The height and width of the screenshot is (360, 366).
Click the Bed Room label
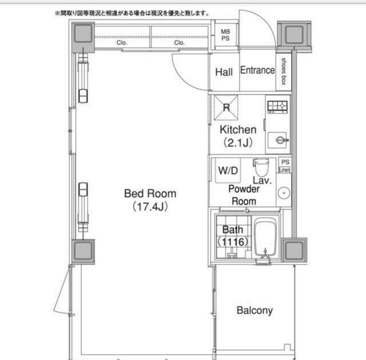click(x=150, y=194)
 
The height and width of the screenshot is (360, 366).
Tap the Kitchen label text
click(x=238, y=129)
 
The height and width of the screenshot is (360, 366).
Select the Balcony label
click(x=254, y=310)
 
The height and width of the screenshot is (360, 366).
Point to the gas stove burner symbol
click(x=277, y=107)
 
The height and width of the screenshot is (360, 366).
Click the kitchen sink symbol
click(x=278, y=140)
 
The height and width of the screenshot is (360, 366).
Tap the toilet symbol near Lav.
click(x=261, y=167)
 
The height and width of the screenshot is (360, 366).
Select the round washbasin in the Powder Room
click(x=284, y=193)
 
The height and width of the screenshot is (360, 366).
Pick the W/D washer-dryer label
click(x=228, y=170)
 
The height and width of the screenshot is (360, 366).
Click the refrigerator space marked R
click(x=226, y=107)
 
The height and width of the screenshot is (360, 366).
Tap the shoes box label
click(x=284, y=71)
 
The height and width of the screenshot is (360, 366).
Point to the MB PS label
click(x=225, y=35)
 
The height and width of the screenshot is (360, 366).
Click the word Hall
click(x=224, y=72)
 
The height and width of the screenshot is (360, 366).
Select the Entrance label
click(x=257, y=70)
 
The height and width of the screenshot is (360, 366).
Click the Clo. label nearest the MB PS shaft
click(x=179, y=43)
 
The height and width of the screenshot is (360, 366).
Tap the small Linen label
click(x=285, y=170)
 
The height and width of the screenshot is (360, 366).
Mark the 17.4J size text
click(x=150, y=207)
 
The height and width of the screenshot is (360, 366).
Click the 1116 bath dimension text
click(x=233, y=242)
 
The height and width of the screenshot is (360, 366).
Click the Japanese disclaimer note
click(x=132, y=13)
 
